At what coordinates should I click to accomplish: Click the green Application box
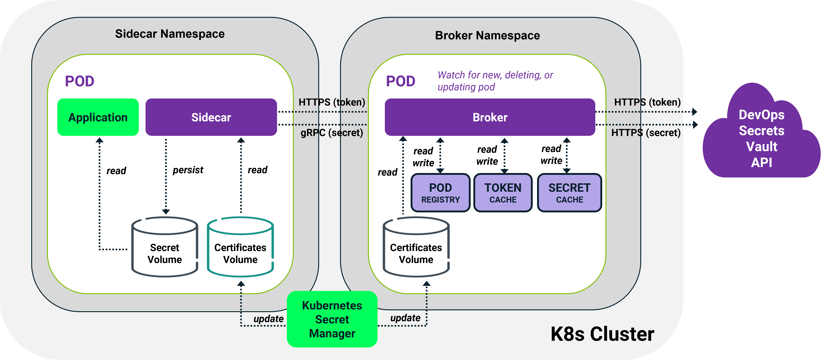coord(98,117)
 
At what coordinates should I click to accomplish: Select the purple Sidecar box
coord(211,117)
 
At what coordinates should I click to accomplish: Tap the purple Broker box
coord(490,117)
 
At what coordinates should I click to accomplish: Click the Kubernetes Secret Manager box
coord(332,319)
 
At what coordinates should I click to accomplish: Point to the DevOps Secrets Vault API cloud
coord(762,138)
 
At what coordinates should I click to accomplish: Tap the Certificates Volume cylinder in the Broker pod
coord(416,248)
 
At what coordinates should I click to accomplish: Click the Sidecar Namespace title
coord(170,34)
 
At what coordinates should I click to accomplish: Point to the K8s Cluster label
coord(602,334)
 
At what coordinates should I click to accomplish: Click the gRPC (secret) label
coord(332,133)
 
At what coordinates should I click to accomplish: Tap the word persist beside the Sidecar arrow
coord(188,170)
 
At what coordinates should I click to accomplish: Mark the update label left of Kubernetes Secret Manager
coord(268,319)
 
